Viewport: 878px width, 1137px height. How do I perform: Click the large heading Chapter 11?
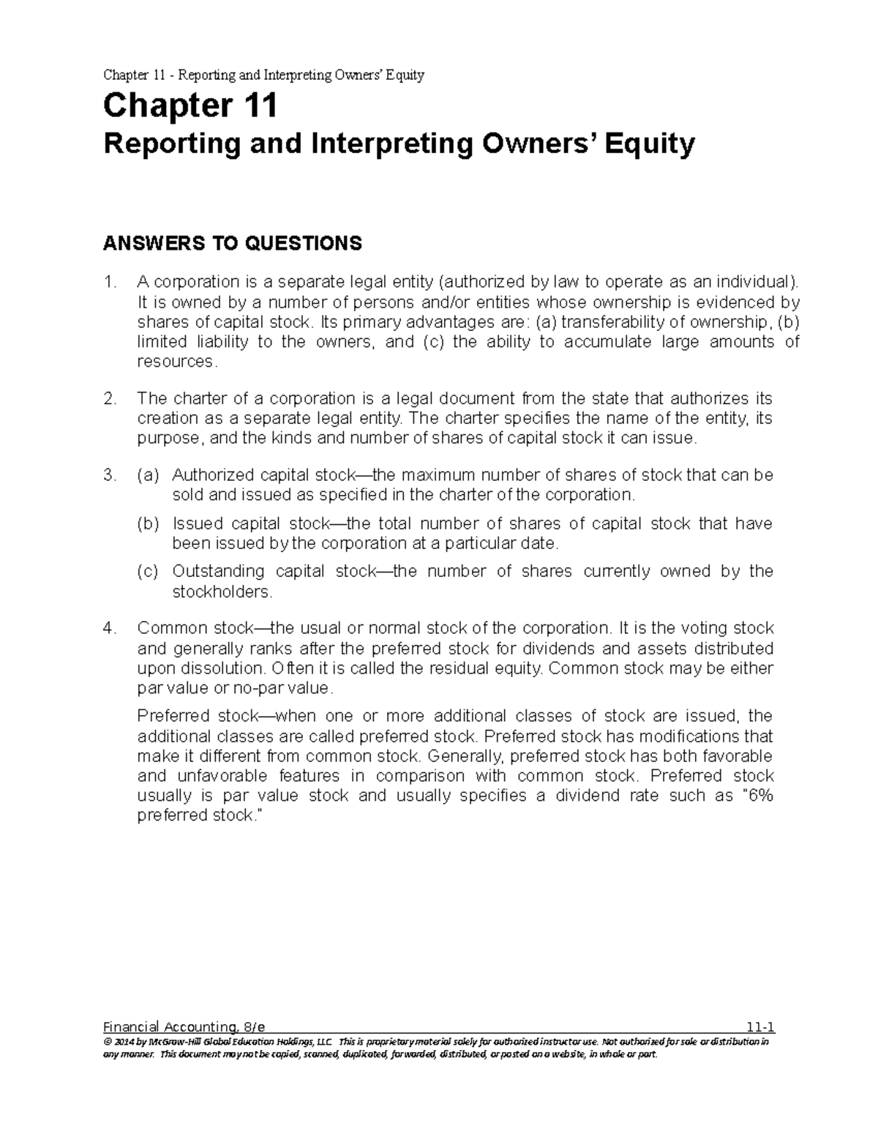(x=190, y=107)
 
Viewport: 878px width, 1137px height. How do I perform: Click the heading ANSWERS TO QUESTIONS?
(x=233, y=243)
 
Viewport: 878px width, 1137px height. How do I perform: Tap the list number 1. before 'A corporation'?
(x=110, y=283)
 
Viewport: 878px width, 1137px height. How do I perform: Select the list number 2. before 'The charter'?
(x=110, y=399)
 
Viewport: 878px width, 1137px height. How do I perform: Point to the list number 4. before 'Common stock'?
(x=110, y=629)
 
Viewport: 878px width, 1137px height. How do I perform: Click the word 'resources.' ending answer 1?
(x=177, y=362)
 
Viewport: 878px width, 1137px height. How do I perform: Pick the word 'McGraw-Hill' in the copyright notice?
(x=168, y=1041)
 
